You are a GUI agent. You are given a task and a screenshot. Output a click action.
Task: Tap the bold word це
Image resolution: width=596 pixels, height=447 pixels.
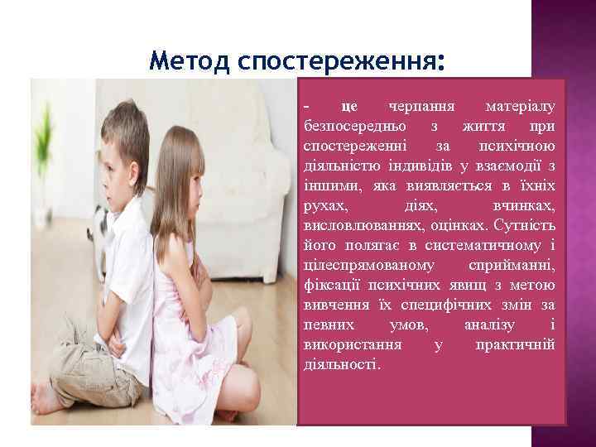coord(349,107)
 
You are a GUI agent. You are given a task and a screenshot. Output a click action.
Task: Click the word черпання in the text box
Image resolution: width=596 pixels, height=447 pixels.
coord(419,107)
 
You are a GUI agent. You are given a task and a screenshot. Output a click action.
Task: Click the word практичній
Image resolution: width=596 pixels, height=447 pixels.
coord(516,345)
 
